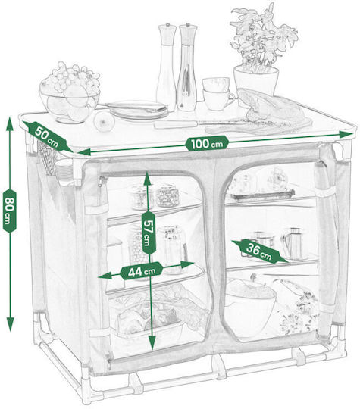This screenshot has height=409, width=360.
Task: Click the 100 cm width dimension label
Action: click(206, 143)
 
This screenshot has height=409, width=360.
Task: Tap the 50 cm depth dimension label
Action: click(47, 137)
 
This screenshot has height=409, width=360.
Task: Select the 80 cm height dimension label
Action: click(10, 211)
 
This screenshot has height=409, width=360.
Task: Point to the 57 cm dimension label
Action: click(149, 233)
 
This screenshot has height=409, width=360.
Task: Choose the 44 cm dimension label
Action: click(141, 271)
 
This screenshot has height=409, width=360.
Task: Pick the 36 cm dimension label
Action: click(259, 251)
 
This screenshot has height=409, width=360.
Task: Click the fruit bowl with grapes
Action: click(70, 92)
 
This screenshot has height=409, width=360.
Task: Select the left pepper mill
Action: click(166, 67)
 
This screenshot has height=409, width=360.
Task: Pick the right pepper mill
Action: click(186, 67)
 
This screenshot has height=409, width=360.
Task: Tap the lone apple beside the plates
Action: click(104, 121)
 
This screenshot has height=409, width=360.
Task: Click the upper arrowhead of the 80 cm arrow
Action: click(10, 123)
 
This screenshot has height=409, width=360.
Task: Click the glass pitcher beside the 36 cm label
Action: click(293, 244)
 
